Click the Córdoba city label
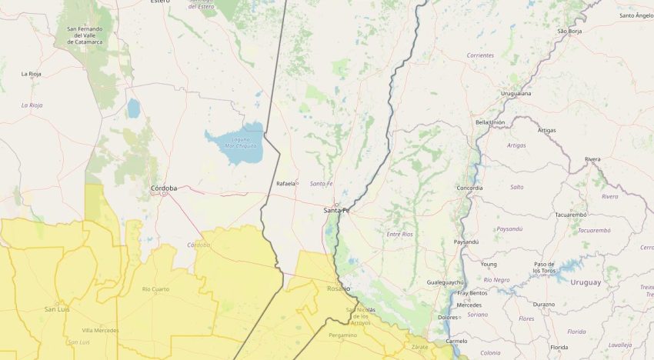click(x=164, y=188)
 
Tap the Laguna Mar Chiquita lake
click(x=235, y=145)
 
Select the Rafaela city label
click(x=285, y=183)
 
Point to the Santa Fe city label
click(x=336, y=210)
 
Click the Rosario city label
click(x=338, y=289)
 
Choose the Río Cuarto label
click(x=157, y=288)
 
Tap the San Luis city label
click(x=58, y=308)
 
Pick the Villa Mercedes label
click(x=100, y=330)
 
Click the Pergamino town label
click(x=342, y=335)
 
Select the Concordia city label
click(x=469, y=188)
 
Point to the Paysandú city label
click(x=466, y=242)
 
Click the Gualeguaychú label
click(x=445, y=282)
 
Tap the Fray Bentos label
click(x=472, y=293)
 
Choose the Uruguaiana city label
click(x=516, y=93)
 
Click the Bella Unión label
click(x=490, y=122)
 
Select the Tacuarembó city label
click(x=571, y=215)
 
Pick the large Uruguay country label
click(x=586, y=282)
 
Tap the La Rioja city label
click(x=31, y=74)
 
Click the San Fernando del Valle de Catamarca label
click(x=89, y=35)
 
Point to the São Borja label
click(x=569, y=31)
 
